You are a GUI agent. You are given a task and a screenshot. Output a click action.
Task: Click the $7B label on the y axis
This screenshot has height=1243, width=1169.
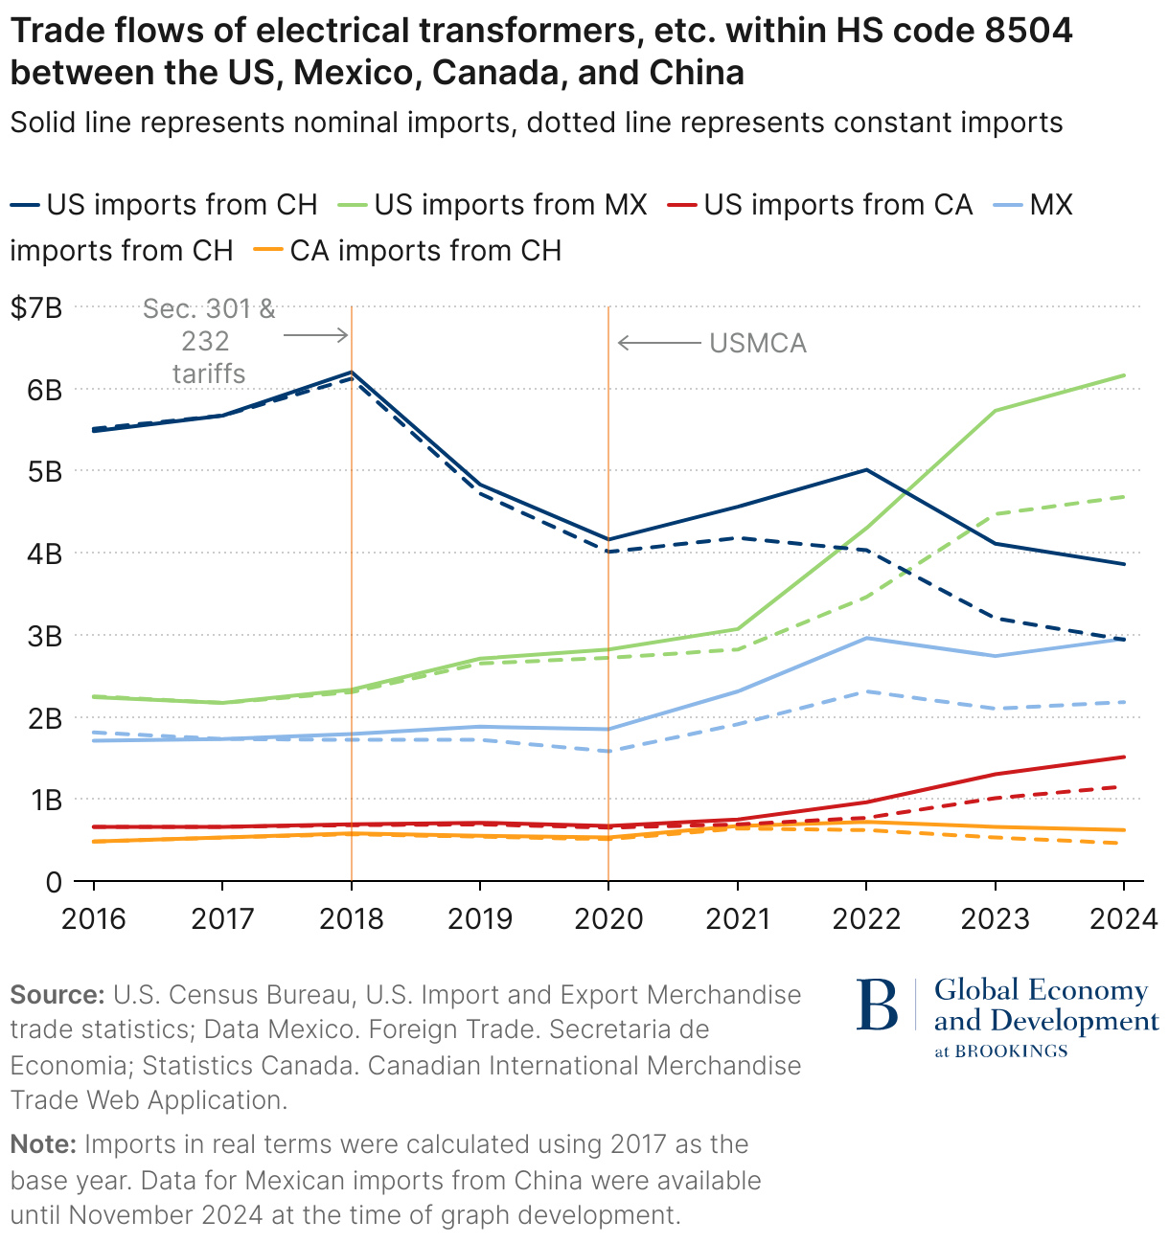point(36,308)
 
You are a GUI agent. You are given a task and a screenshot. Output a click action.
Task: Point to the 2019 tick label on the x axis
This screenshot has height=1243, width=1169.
point(480,918)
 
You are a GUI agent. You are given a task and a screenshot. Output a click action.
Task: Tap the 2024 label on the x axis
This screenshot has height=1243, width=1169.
point(1124,918)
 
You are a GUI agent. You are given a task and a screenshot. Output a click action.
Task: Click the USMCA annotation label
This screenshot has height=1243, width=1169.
point(758,343)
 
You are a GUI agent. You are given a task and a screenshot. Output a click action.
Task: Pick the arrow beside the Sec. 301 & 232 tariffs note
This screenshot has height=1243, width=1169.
point(315,334)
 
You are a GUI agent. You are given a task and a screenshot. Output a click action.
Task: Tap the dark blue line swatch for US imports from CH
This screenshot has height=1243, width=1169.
point(25,205)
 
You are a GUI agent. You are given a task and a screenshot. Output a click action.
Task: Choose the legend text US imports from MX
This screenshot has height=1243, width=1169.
point(511,205)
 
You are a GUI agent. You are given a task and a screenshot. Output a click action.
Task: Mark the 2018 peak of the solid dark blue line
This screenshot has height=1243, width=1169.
point(352,373)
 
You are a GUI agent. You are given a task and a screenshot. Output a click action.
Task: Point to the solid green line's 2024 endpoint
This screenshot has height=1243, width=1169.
point(1124,375)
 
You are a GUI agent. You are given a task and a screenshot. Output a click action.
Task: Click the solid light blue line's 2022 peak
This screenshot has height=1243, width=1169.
point(866,638)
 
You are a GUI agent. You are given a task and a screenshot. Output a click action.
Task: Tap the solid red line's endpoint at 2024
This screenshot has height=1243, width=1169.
point(1124,757)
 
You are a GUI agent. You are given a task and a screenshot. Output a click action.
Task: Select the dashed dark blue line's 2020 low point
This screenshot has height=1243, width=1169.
point(608,552)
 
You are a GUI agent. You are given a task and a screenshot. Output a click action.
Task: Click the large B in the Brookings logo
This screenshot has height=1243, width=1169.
point(877,1005)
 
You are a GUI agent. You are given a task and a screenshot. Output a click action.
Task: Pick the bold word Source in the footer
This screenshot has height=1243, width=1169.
point(57,995)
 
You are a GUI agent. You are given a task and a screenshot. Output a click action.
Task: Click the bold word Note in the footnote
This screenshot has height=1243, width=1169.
point(43,1144)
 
